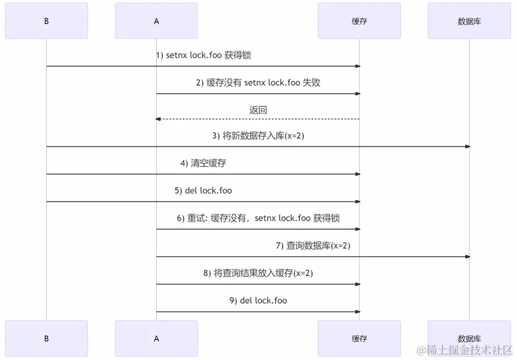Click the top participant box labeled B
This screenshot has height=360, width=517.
coord(46,21)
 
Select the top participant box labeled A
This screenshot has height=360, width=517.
coord(156,21)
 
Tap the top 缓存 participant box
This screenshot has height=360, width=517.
coord(359,21)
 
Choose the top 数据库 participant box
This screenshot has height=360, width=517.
coord(469,21)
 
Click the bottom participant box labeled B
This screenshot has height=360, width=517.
coord(46,338)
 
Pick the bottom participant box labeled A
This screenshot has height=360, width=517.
coord(156,338)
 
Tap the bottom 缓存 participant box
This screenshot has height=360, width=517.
coord(359,338)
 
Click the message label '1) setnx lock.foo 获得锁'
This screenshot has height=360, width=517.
coord(203,55)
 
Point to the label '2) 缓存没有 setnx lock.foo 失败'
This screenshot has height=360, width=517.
coord(258,82)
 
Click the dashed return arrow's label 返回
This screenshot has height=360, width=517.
coord(258,110)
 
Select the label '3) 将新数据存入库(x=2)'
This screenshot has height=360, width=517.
coord(258,136)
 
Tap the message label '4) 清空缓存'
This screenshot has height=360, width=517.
coord(203,164)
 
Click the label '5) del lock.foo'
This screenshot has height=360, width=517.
coord(203,191)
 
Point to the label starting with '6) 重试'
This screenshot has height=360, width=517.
coord(258,218)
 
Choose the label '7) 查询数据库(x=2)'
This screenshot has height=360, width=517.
coord(313,246)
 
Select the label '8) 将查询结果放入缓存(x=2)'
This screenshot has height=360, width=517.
coord(258,273)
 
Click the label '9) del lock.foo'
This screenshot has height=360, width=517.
coord(258,301)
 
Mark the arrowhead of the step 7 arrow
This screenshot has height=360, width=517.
coord(467,256)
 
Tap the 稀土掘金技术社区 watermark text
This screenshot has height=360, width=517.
coord(464,351)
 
